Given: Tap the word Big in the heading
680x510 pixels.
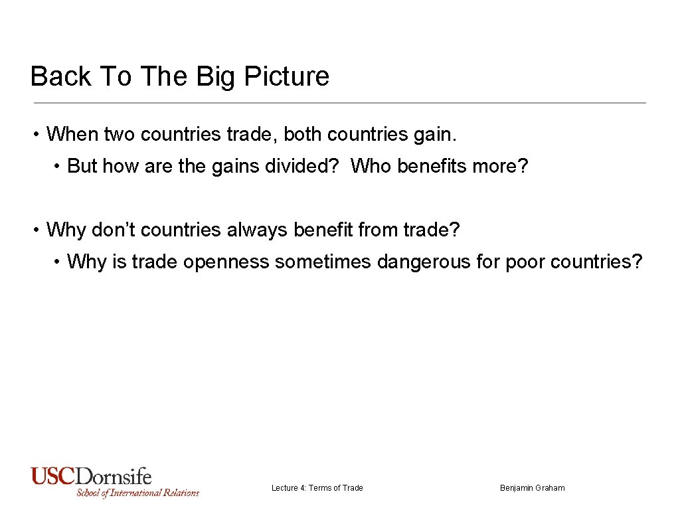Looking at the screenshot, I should [x=216, y=76].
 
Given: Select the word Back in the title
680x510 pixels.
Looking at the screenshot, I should [x=61, y=76].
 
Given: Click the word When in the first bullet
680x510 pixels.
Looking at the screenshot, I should [x=71, y=134].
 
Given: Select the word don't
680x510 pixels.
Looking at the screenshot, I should [x=114, y=230].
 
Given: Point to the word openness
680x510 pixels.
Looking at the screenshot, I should [x=226, y=262].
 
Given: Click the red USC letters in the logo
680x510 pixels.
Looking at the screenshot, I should [x=53, y=477].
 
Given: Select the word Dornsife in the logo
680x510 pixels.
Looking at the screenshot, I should [x=114, y=477].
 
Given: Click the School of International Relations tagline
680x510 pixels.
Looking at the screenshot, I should [x=137, y=493].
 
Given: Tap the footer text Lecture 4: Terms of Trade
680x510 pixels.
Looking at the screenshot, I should [x=317, y=488].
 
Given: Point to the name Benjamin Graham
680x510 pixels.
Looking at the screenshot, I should [x=532, y=488].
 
